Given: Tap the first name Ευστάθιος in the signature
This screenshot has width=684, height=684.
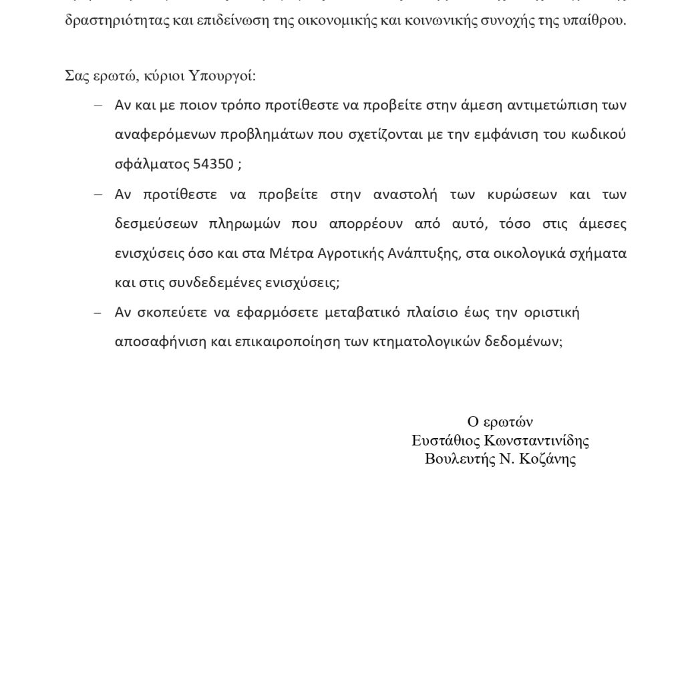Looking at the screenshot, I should pyautogui.click(x=445, y=440).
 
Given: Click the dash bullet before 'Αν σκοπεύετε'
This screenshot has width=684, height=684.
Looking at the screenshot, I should pyautogui.click(x=98, y=313).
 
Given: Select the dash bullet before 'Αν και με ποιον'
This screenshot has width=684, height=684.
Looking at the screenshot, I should pyautogui.click(x=98, y=105).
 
